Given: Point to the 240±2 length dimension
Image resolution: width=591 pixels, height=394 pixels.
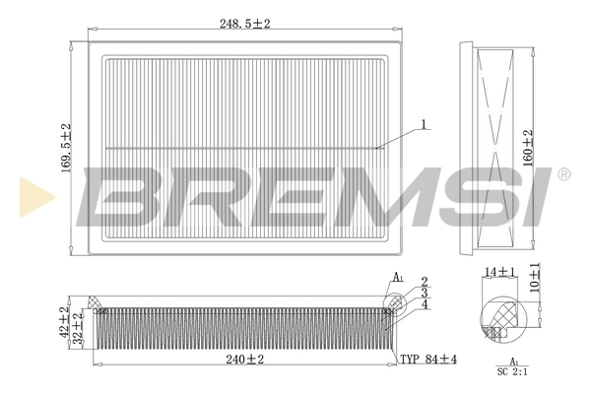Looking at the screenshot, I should tap(243, 360).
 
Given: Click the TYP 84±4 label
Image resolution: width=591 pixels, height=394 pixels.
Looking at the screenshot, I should tap(427, 360).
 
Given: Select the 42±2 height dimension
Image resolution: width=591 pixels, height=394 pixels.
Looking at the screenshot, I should tap(65, 321).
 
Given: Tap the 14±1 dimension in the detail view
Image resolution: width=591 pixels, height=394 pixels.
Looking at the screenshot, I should tap(499, 271).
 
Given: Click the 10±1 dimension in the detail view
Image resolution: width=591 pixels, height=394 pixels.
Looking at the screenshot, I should tap(534, 277).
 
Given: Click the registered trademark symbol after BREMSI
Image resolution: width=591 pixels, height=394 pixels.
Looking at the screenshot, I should tap(563, 174).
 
